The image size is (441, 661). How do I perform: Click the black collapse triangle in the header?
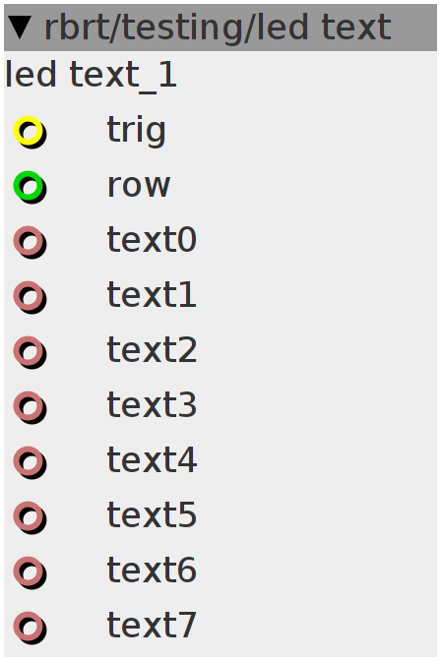[x=20, y=28]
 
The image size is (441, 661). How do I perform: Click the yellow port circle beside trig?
[x=28, y=130]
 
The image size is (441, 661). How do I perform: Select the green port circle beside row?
[x=28, y=186]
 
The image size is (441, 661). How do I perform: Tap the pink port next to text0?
[x=28, y=241]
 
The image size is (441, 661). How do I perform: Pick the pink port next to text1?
[x=28, y=295]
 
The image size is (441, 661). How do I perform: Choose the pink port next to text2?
[x=28, y=351]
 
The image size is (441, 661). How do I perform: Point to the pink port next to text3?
[x=28, y=406]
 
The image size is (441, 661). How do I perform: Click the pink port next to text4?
[x=28, y=460]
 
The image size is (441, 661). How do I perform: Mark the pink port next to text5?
[x=28, y=516]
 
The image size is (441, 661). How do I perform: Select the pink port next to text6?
[x=28, y=571]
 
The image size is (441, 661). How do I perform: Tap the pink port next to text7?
[x=28, y=626]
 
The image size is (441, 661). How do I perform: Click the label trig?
[x=136, y=131]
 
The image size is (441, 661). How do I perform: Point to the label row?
[x=139, y=186]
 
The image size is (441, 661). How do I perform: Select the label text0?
[x=152, y=239]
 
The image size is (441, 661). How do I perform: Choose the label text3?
[x=152, y=404]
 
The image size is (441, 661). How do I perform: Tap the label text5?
[x=152, y=514]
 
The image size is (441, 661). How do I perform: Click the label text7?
[x=152, y=625]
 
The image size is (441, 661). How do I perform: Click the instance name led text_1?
[x=91, y=76]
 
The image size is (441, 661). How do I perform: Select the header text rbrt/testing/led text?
[x=218, y=28]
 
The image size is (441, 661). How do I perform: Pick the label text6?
[x=152, y=570]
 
